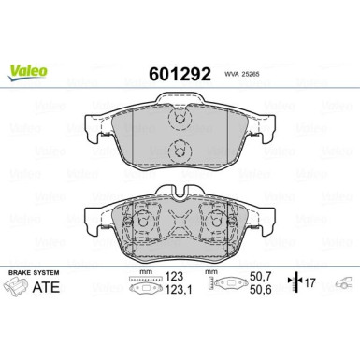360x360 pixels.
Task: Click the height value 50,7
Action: (x=261, y=278)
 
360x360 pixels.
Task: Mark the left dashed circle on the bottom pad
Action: (x=143, y=223)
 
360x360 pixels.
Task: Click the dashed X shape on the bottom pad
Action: (x=180, y=223)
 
